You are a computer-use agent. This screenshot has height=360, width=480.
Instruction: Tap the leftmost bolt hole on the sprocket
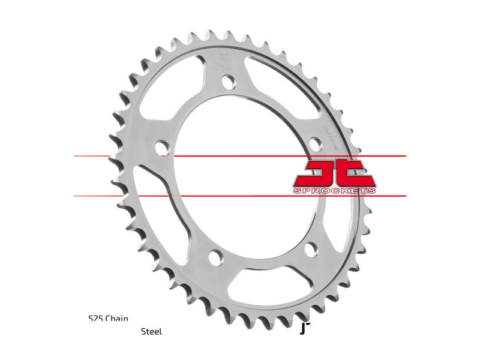click(x=161, y=146)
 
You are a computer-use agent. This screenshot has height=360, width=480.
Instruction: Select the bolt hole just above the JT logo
click(x=314, y=145)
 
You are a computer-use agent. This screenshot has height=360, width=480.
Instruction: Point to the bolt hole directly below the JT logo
click(x=311, y=248)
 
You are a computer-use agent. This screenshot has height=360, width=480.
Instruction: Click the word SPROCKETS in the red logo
click(x=335, y=191)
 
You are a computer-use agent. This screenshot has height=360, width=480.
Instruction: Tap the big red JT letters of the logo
click(x=334, y=173)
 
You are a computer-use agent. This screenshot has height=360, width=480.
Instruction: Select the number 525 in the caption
click(x=95, y=319)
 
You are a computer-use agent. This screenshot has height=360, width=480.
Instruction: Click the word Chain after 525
click(x=117, y=319)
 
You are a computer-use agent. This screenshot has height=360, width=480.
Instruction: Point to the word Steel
click(x=151, y=331)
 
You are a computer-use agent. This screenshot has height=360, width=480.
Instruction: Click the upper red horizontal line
click(x=240, y=156)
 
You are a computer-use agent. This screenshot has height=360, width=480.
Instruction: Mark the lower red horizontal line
click(x=240, y=196)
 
